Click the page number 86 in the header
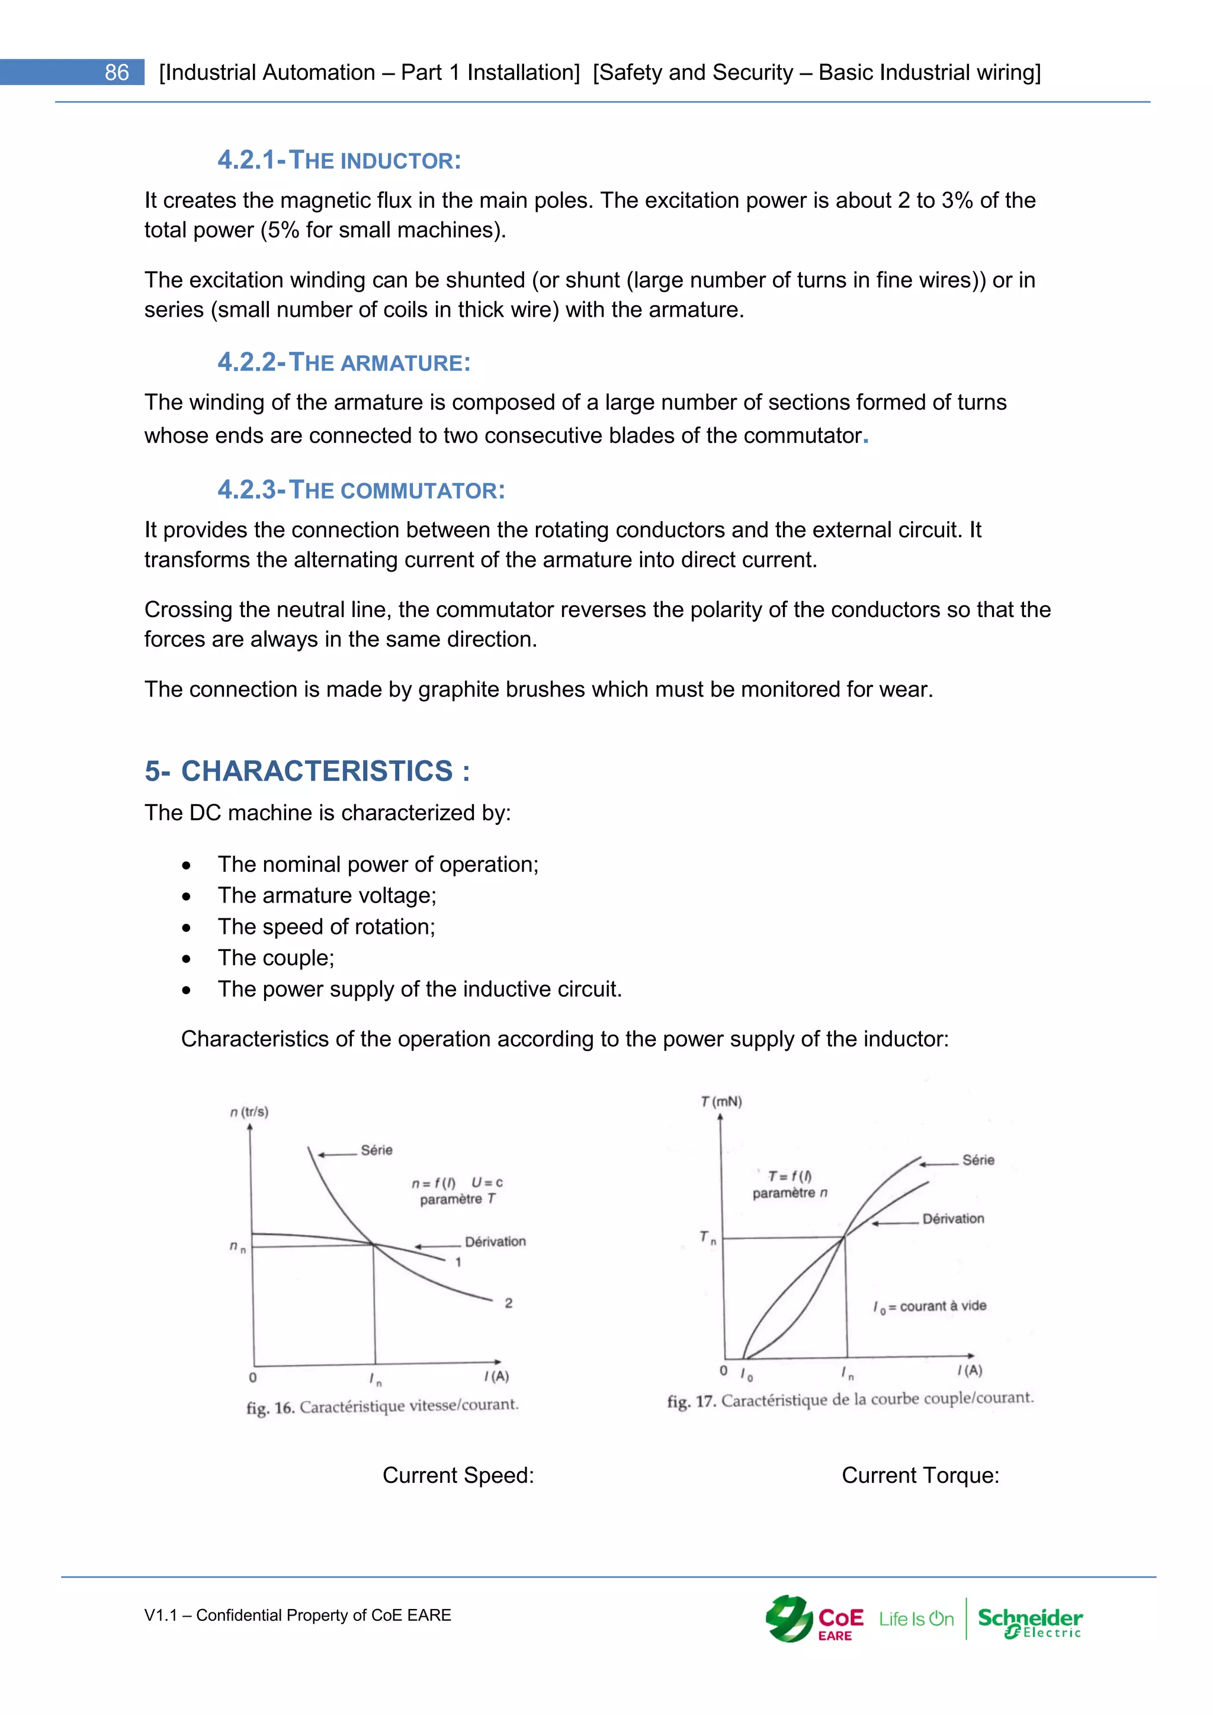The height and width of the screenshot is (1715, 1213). click(x=117, y=72)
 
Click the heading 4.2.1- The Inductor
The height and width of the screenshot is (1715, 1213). click(x=339, y=160)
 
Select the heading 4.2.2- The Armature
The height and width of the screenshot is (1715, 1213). click(x=344, y=362)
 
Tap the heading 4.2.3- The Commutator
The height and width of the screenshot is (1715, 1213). click(x=361, y=490)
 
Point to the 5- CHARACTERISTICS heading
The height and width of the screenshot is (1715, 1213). click(x=307, y=771)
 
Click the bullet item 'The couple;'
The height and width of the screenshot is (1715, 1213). click(x=275, y=958)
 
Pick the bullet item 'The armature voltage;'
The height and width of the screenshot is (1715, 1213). click(x=326, y=895)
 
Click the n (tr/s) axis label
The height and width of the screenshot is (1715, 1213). click(x=249, y=1112)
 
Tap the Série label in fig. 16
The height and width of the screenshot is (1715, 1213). click(x=377, y=1150)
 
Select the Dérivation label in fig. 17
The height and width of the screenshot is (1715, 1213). click(x=953, y=1218)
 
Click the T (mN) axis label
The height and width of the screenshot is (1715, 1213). click(x=721, y=1101)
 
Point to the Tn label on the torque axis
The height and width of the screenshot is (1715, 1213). click(x=707, y=1238)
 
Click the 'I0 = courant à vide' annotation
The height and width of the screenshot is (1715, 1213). click(x=929, y=1306)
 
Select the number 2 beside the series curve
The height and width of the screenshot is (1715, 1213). click(x=509, y=1303)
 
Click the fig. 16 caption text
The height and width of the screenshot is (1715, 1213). click(x=383, y=1406)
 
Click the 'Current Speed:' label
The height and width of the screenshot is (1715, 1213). click(x=458, y=1475)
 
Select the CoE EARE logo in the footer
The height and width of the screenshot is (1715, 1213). click(x=814, y=1620)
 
